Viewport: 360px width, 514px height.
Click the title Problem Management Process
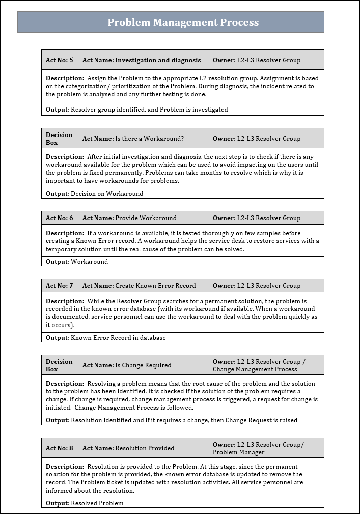pyautogui.click(x=183, y=22)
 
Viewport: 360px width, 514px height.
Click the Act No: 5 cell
pyautogui.click(x=60, y=60)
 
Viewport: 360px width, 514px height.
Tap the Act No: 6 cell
pyautogui.click(x=60, y=218)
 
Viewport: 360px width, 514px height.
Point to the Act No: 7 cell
pyautogui.click(x=60, y=286)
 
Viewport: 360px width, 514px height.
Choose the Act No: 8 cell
pyautogui.click(x=60, y=448)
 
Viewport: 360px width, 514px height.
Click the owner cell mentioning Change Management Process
pyautogui.click(x=266, y=365)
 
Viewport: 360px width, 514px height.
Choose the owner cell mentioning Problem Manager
pyautogui.click(x=266, y=448)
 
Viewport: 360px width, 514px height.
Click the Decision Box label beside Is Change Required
pyautogui.click(x=60, y=365)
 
